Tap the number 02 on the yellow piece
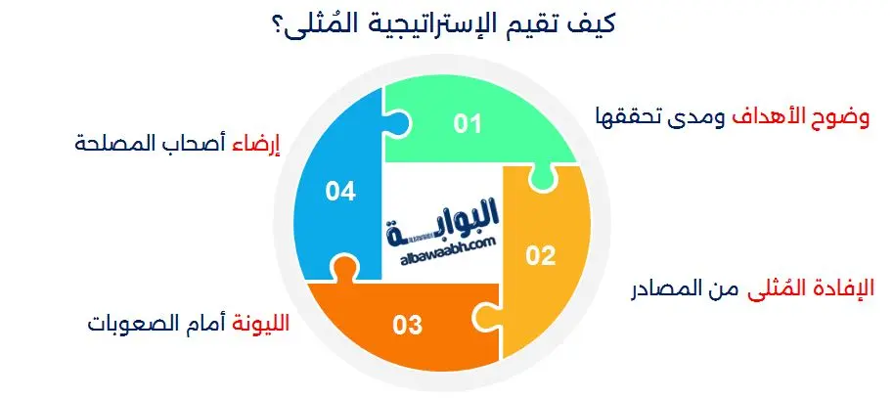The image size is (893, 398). (x=540, y=257)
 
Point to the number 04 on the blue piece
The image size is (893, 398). (x=339, y=193)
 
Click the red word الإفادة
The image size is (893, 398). (x=843, y=291)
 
